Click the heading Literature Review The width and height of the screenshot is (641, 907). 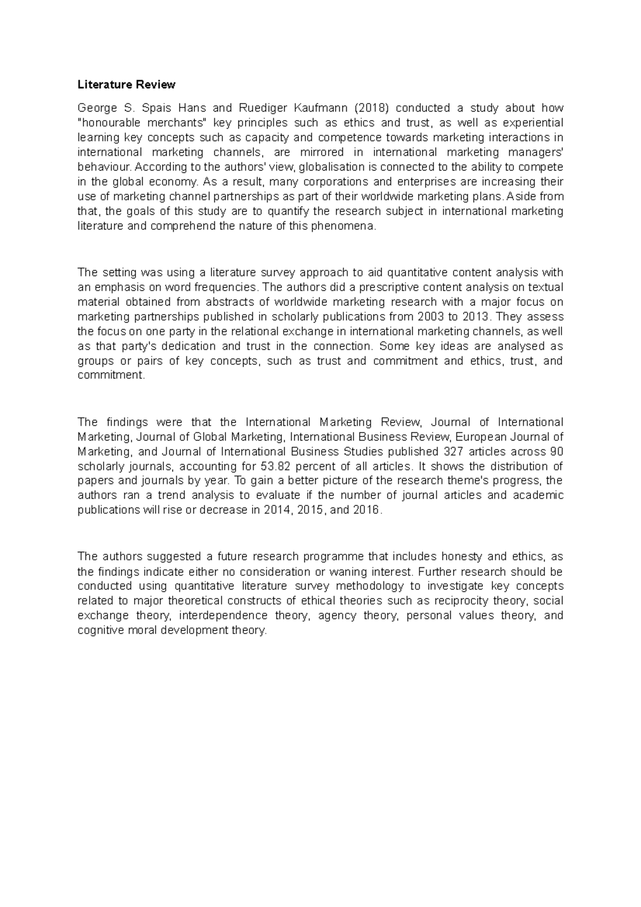click(x=126, y=84)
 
